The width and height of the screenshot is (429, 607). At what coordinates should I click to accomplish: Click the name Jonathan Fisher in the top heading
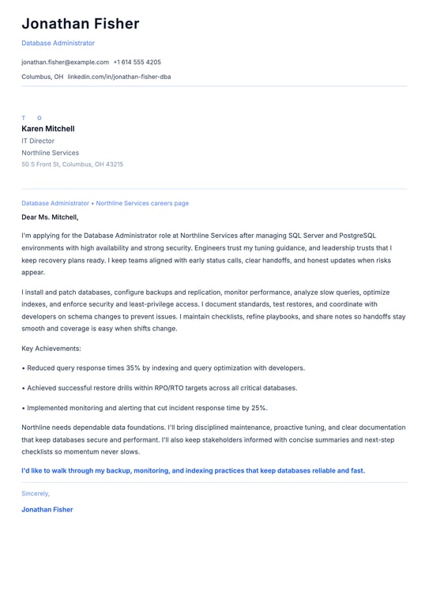point(80,24)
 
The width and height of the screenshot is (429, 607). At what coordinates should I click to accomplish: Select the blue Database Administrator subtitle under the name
point(58,43)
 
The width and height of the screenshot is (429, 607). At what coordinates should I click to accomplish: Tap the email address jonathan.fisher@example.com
point(65,62)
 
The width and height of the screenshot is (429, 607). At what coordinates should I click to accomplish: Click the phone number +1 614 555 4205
point(137,62)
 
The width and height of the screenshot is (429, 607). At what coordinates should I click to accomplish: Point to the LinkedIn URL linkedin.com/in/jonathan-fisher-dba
point(119,77)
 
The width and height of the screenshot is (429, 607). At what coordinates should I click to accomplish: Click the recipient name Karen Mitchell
point(48,129)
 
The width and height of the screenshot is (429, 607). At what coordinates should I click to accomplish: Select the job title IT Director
point(38,141)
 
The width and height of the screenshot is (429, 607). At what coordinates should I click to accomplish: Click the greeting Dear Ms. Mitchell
point(50,217)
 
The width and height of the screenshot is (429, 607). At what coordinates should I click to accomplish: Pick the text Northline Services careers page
point(142,203)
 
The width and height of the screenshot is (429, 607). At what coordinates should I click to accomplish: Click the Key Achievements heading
point(51,348)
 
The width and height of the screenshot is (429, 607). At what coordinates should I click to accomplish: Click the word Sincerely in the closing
point(36,493)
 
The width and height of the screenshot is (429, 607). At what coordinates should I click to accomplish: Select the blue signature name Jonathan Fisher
point(47,510)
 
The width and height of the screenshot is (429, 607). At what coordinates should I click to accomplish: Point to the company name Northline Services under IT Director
point(51,153)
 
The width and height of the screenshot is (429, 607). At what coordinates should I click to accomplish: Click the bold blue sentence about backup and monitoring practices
point(193,470)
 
